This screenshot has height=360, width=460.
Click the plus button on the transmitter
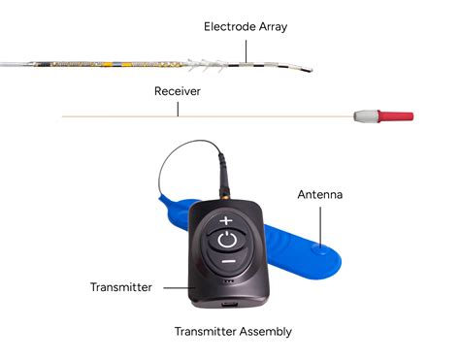pos(226,220)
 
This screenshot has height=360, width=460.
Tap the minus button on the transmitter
pos(226,262)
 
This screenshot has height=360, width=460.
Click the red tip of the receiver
pos(397,115)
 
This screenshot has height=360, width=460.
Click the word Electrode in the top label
pos(229,27)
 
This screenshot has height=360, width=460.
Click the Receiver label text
pos(178,91)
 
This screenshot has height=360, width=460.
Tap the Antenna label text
pos(319,195)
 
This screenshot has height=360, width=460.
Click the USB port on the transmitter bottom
pos(226,303)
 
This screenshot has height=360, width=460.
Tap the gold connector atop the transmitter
pos(224,177)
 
